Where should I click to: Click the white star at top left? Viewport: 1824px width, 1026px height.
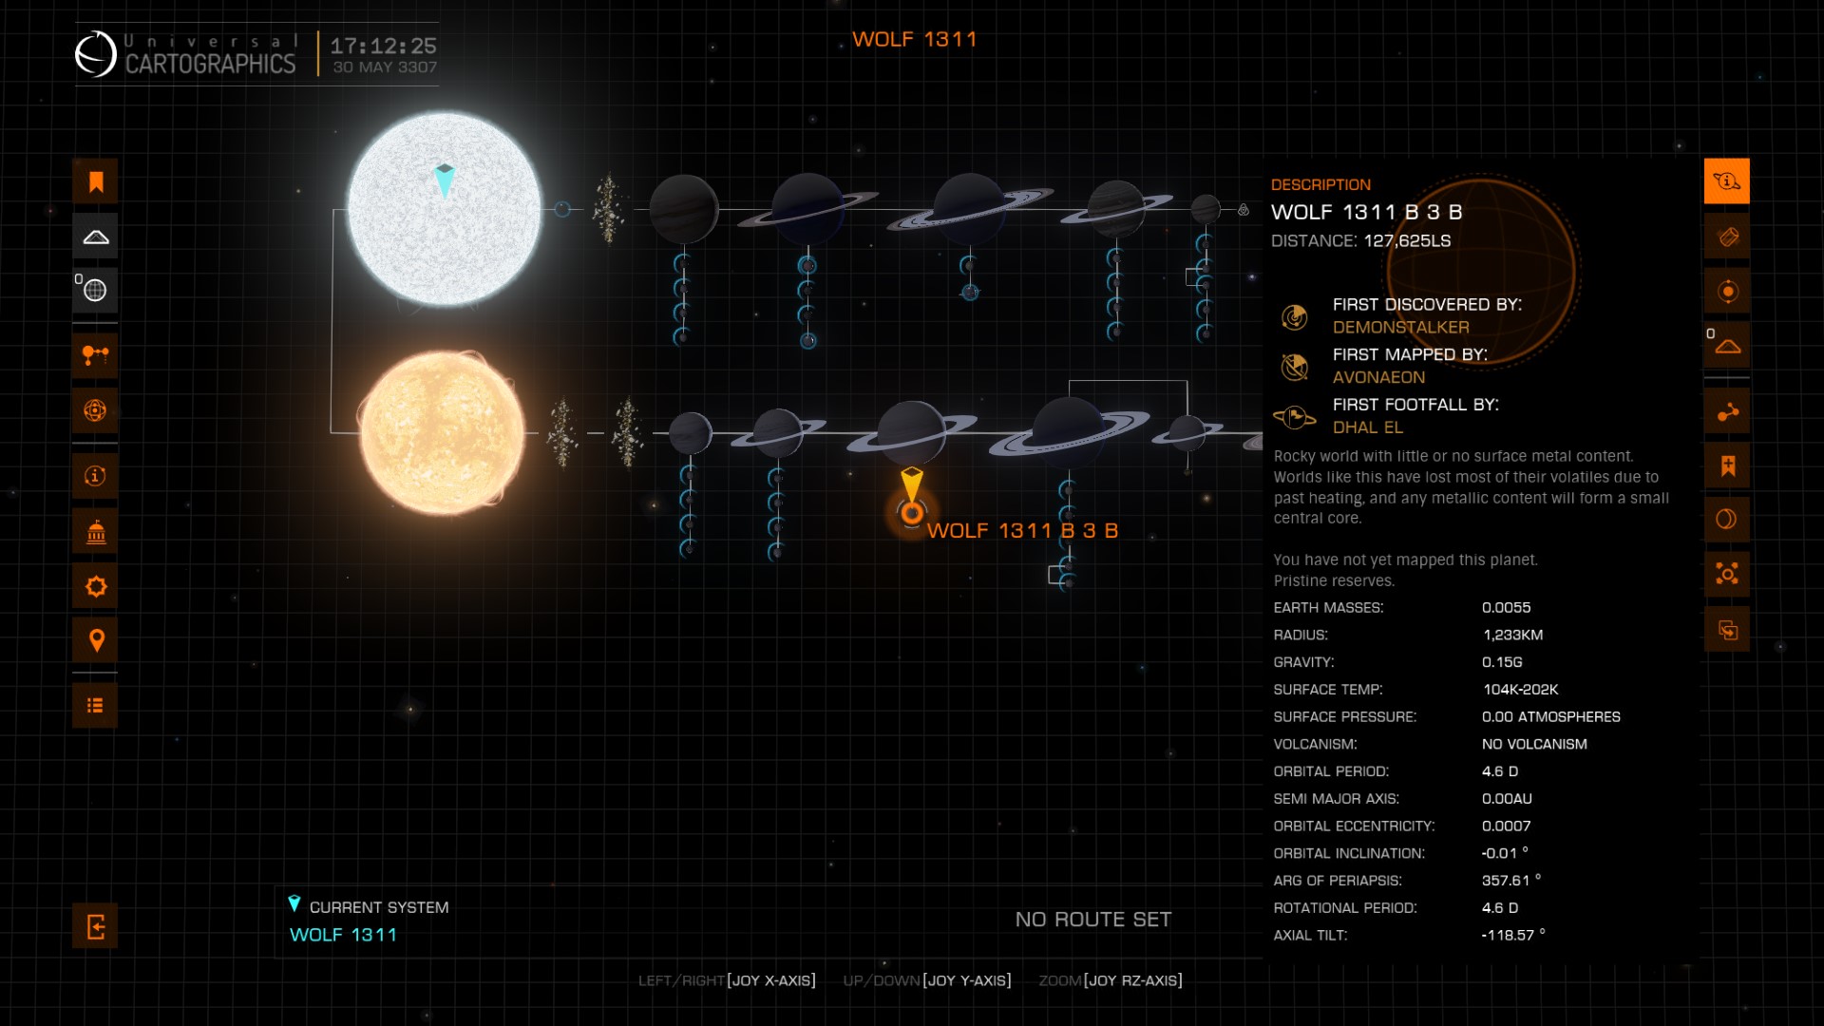(444, 209)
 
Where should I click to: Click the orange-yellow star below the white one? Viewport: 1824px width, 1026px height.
(442, 433)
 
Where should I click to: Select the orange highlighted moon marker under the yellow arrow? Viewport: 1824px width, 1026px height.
(912, 513)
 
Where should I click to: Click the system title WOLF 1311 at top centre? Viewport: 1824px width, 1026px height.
(914, 39)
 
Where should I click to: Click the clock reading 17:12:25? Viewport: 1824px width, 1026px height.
(383, 46)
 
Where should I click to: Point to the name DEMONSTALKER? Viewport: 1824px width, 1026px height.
(1400, 327)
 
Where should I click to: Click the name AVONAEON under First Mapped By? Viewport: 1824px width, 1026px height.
(1378, 377)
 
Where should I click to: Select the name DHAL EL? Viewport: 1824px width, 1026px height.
(1367, 427)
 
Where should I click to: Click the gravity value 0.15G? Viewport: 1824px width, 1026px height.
(1502, 662)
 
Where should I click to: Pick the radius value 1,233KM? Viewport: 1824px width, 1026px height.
(1512, 635)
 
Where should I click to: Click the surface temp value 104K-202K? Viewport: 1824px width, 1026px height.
(1520, 690)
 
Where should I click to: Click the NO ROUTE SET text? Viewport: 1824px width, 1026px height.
(1093, 920)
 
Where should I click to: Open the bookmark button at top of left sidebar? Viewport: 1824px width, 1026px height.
(95, 181)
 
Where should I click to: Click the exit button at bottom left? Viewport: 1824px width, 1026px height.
(95, 926)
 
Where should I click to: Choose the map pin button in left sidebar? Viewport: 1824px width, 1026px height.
(95, 640)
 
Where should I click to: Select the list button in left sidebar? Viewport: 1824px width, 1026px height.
(95, 706)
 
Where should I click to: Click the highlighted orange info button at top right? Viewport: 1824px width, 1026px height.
(1727, 180)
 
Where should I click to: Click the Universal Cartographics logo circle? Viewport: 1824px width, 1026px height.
(95, 53)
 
